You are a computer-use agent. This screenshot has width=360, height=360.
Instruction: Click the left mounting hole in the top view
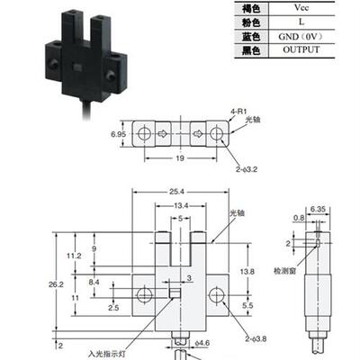[143, 133]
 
